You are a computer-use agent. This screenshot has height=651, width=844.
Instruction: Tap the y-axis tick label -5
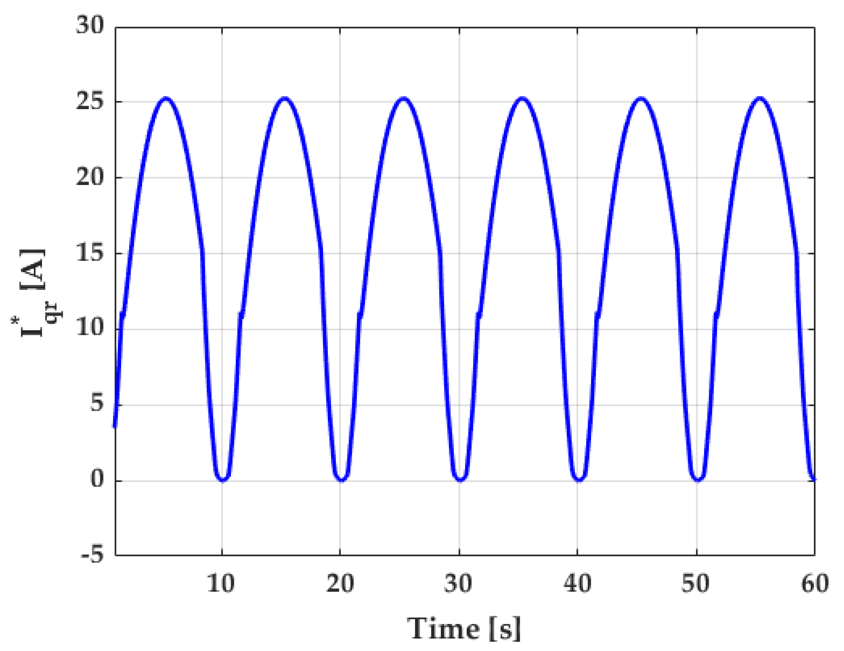pyautogui.click(x=93, y=555)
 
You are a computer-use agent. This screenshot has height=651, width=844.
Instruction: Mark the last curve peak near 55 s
pyautogui.click(x=760, y=98)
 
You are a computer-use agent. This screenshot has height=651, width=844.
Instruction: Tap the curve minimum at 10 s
pyautogui.click(x=222, y=480)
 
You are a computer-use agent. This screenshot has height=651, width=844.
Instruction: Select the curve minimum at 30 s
pyautogui.click(x=460, y=480)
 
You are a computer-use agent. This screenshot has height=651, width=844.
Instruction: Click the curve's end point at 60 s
pyautogui.click(x=814, y=479)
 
